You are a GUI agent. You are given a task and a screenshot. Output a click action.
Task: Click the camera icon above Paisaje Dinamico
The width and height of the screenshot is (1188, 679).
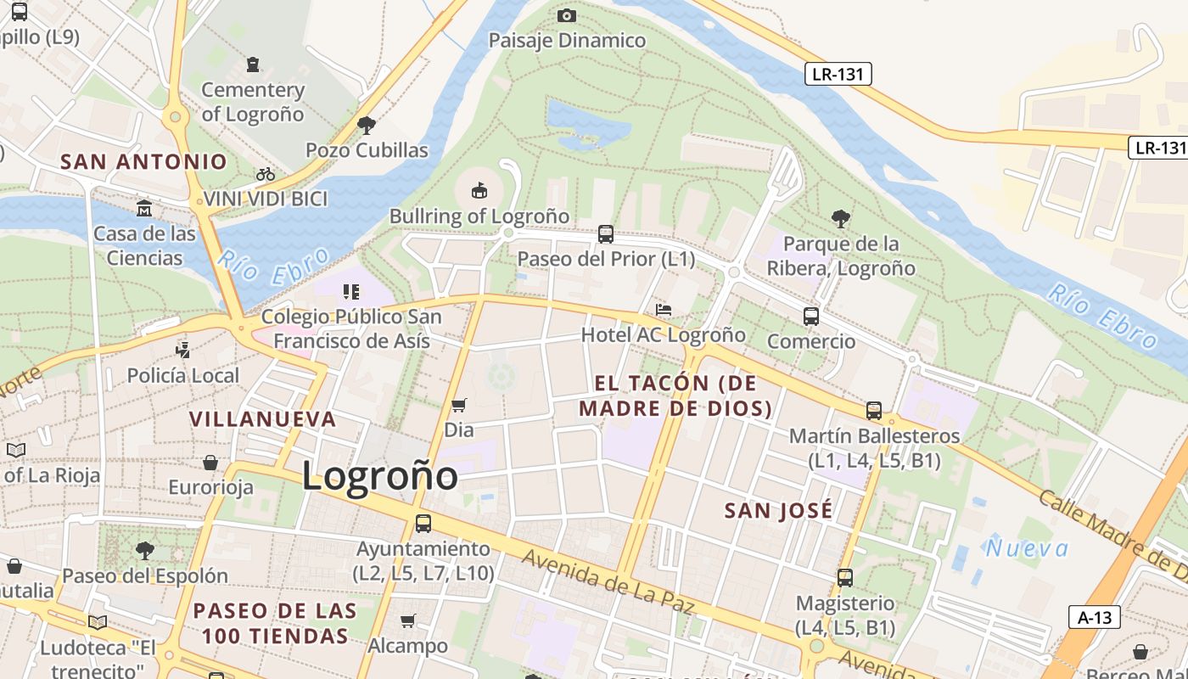click(x=567, y=15)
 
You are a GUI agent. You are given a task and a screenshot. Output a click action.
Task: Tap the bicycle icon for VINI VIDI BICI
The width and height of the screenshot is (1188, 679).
click(x=266, y=174)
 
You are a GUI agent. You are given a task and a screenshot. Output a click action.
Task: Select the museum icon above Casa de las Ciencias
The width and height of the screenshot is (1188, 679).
click(x=144, y=208)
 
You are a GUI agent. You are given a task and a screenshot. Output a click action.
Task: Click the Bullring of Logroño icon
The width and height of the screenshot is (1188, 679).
click(x=479, y=189)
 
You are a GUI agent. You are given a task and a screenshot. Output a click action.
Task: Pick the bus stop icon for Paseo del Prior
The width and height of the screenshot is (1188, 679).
click(x=606, y=233)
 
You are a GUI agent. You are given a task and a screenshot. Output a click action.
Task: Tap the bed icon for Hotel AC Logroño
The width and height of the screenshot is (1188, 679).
click(x=664, y=310)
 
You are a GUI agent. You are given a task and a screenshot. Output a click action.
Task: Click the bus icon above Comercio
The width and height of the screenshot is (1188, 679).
click(x=811, y=317)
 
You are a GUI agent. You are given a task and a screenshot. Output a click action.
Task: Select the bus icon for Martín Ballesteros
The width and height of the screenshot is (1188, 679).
click(x=874, y=411)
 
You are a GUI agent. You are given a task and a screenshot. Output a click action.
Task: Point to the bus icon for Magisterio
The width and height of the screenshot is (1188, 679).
click(x=845, y=578)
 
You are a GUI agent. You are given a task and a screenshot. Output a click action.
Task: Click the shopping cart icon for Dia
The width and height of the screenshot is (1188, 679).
click(x=459, y=405)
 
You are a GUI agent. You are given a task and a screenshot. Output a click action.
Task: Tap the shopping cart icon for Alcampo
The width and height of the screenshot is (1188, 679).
click(x=408, y=620)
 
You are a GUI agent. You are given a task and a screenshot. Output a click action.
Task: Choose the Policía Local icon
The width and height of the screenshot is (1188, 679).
click(x=182, y=349)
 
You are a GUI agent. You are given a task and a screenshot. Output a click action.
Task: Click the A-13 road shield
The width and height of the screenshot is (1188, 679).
click(x=1094, y=617)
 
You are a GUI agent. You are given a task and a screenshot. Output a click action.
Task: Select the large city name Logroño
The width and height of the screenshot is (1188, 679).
click(x=380, y=475)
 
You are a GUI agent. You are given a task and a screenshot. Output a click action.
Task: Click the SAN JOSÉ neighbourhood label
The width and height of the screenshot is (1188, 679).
click(x=778, y=510)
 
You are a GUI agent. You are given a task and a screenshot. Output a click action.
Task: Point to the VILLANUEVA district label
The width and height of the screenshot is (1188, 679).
click(x=263, y=419)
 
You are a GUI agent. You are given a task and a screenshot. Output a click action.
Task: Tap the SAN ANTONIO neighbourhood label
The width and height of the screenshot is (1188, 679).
click(x=144, y=161)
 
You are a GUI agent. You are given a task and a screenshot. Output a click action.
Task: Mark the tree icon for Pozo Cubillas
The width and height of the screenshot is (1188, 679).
click(x=367, y=126)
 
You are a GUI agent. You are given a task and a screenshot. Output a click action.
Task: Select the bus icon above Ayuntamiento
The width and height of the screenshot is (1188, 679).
click(x=423, y=524)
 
